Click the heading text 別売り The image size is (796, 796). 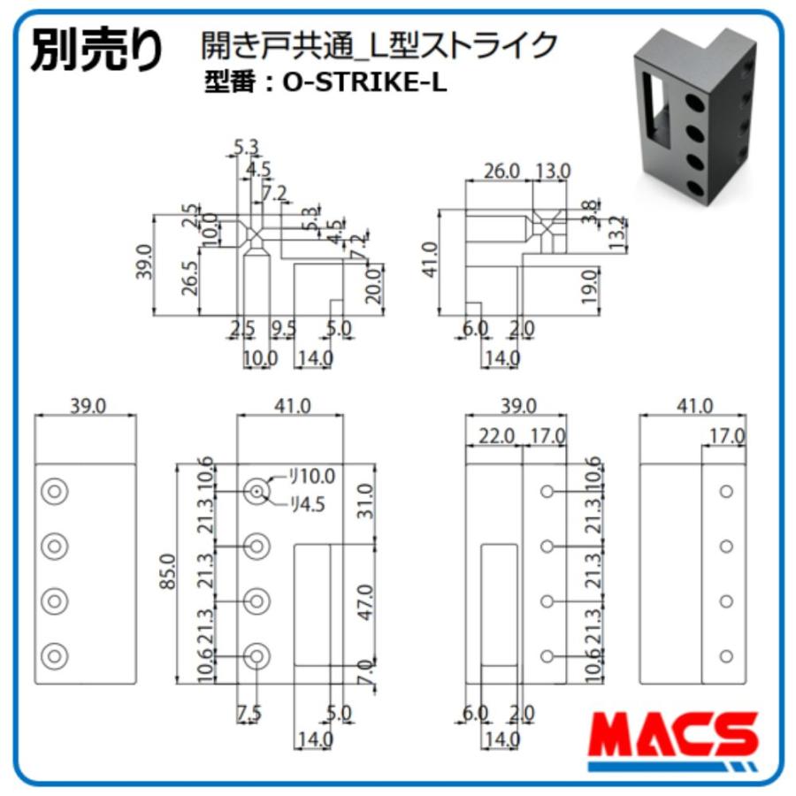click(97, 50)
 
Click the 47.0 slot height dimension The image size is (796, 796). click(365, 601)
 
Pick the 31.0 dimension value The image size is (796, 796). click(365, 501)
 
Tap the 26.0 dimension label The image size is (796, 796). click(500, 171)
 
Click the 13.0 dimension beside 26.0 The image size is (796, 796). click(553, 171)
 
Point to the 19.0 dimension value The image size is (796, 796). click(590, 287)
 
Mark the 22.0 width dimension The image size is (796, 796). click(496, 435)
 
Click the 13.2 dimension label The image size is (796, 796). click(619, 233)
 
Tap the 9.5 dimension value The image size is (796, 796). click(284, 329)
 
